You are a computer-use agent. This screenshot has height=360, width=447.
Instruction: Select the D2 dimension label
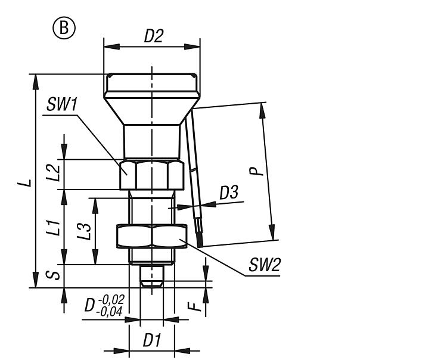click(153, 36)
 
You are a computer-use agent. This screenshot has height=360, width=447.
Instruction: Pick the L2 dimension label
click(54, 173)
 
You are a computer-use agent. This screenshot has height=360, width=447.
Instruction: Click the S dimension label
click(54, 275)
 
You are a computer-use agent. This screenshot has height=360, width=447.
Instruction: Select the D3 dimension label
click(229, 193)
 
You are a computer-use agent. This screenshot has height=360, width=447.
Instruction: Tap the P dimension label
click(256, 170)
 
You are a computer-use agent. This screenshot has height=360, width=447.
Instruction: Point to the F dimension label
click(192, 307)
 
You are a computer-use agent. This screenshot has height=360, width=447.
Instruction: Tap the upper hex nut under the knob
click(151, 175)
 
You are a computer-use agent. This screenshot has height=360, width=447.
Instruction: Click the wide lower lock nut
click(152, 237)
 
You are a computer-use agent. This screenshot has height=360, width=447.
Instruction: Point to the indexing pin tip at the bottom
click(152, 278)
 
